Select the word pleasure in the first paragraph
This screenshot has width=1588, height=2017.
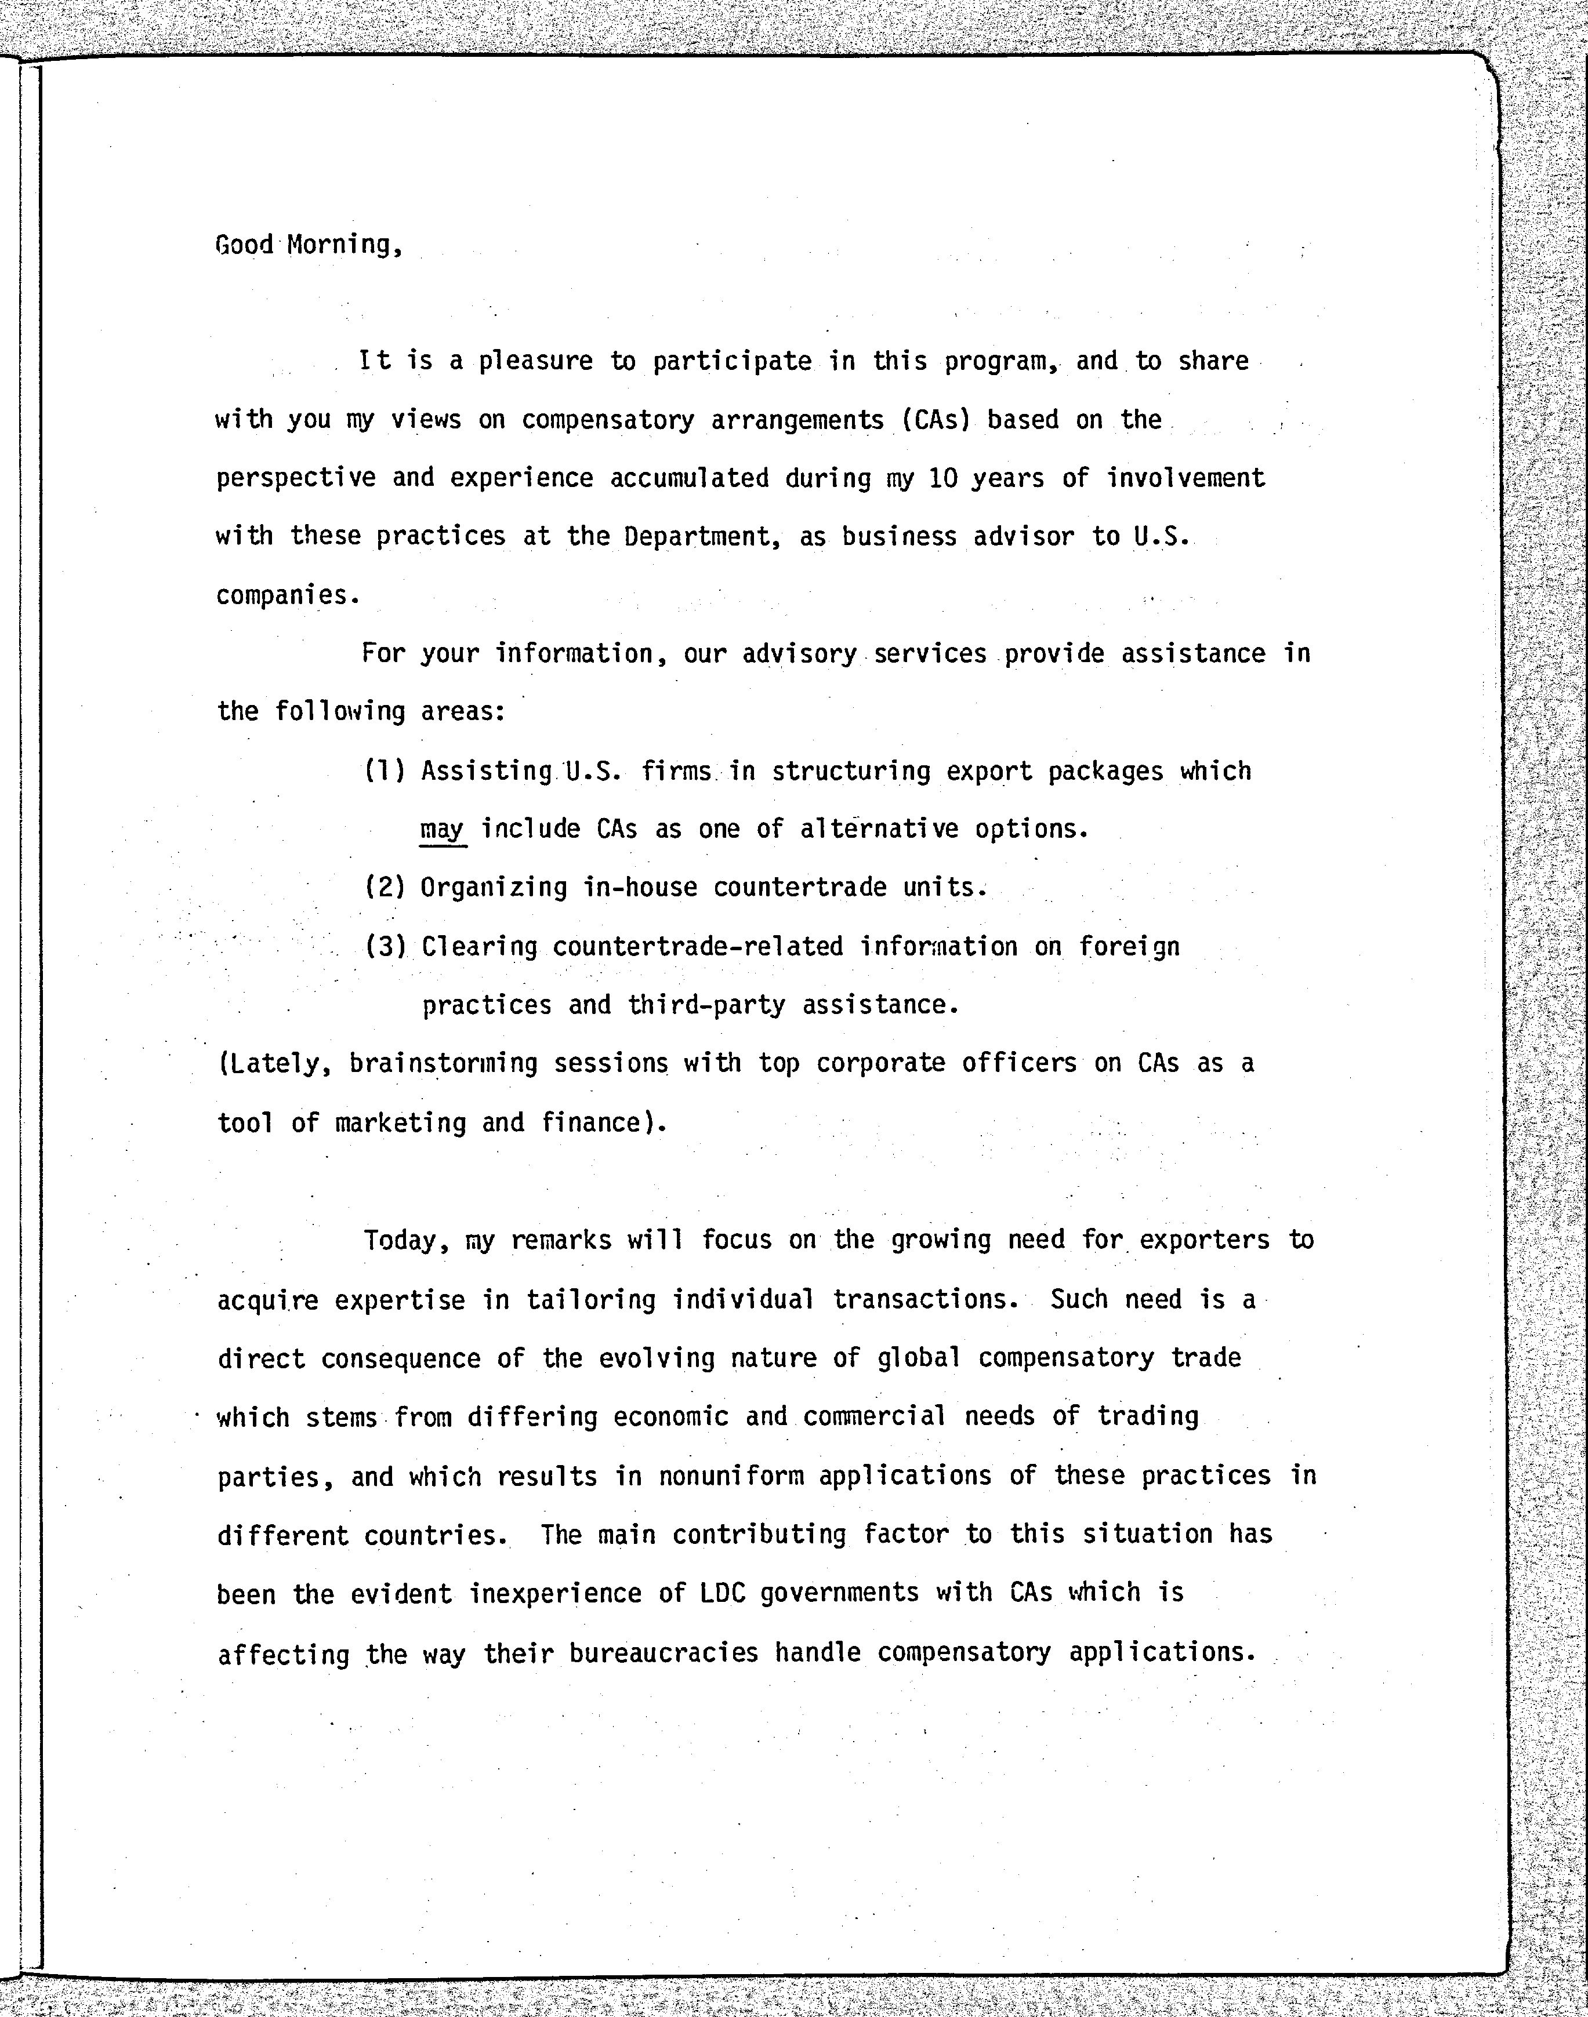point(535,362)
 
